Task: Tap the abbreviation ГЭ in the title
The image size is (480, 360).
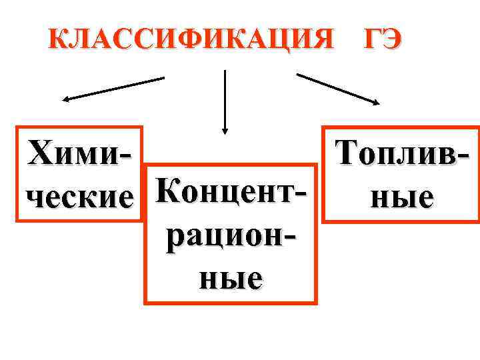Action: tap(382, 39)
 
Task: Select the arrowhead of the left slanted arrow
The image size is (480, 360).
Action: tap(65, 100)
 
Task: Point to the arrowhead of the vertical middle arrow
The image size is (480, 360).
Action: tap(225, 129)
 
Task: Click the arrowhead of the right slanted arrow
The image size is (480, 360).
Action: tap(376, 102)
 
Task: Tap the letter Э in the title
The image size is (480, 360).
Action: tap(391, 39)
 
